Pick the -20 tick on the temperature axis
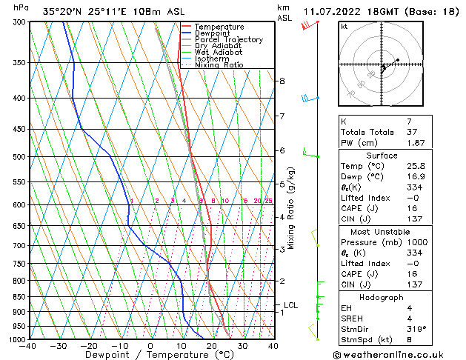pyautogui.click(x=89, y=346)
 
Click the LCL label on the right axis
pyautogui.click(x=291, y=304)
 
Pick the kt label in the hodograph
pyautogui.click(x=344, y=26)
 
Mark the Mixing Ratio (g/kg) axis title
pyautogui.click(x=291, y=208)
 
